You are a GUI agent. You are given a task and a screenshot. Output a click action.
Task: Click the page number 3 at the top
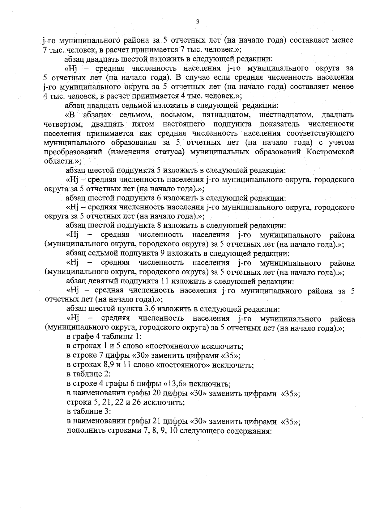(198, 22)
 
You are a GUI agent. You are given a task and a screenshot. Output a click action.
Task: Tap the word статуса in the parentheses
(170, 152)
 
